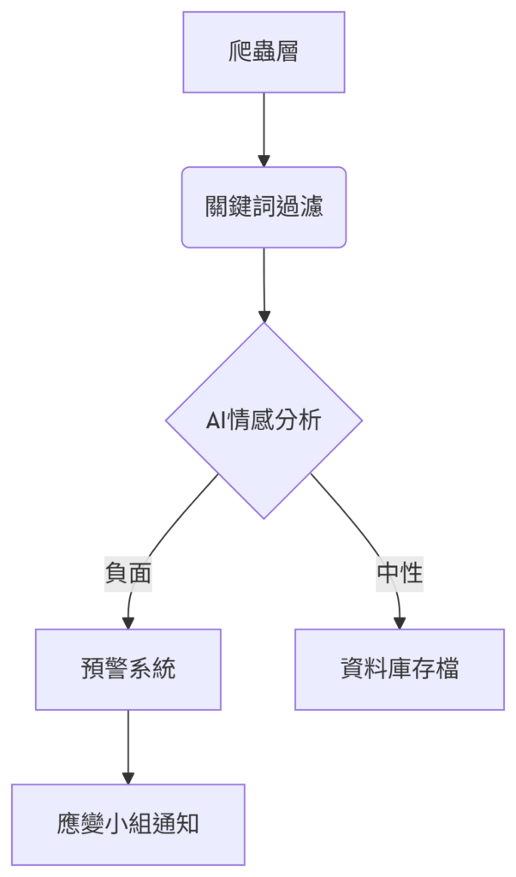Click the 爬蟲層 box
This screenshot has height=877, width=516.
pos(264,52)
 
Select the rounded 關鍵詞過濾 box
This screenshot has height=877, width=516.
pos(264,207)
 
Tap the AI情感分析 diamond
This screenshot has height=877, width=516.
pos(264,421)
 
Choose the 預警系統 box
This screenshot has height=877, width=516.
pos(128,670)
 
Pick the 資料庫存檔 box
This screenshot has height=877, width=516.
pos(400,670)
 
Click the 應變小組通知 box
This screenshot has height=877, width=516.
pos(128,825)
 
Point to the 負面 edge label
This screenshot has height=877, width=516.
pos(128,573)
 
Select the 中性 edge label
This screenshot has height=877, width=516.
pos(400,573)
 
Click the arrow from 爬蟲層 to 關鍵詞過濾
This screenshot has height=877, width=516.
pos(264,130)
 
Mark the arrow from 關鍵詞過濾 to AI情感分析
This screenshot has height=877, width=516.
pos(264,285)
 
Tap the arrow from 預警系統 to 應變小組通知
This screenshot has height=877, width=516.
pos(128,747)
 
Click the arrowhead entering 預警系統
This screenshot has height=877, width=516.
pos(128,623)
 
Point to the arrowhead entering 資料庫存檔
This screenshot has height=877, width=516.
pos(400,623)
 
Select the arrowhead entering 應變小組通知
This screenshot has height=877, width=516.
pos(128,778)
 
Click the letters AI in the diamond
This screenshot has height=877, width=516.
pos(215,421)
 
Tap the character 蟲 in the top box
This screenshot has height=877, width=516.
pos(264,52)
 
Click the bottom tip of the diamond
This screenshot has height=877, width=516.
pos(264,519)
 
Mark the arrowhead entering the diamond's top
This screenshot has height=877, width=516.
pos(264,317)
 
